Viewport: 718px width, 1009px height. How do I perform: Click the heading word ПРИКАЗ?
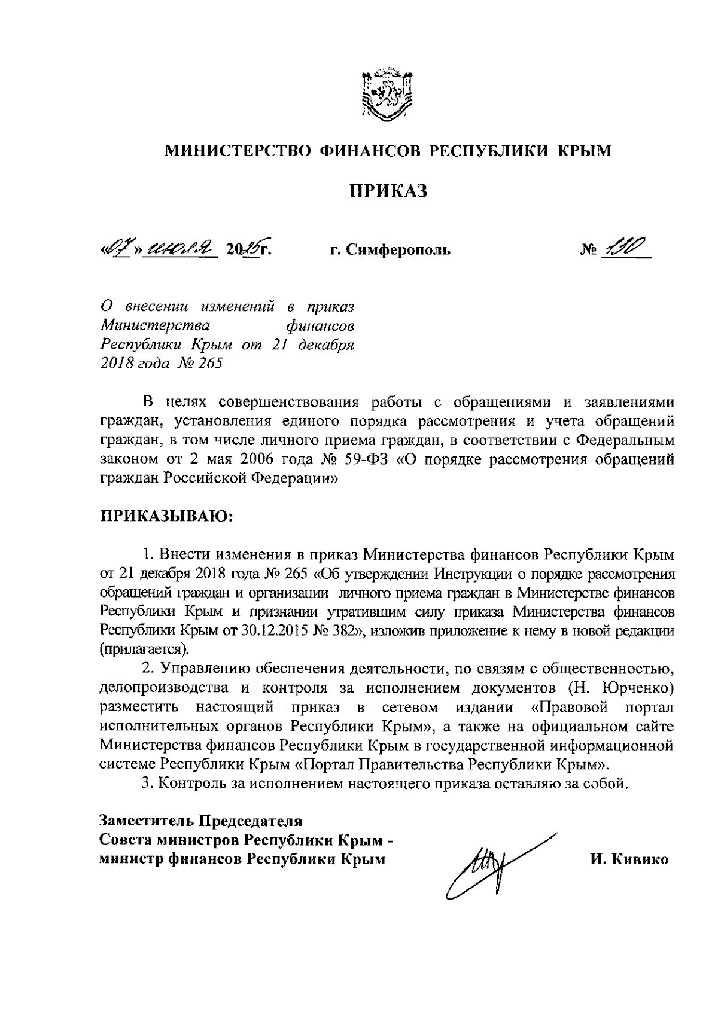tap(388, 192)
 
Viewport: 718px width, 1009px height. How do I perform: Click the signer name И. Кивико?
tap(629, 860)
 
